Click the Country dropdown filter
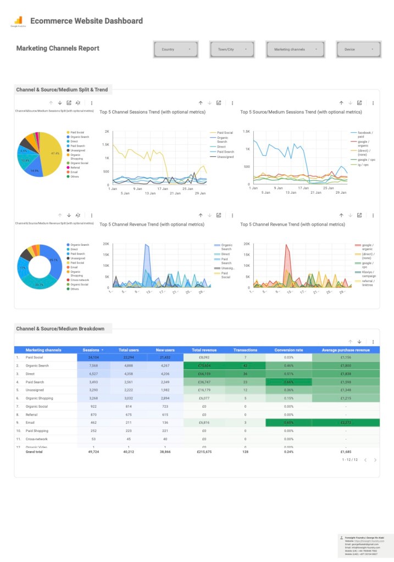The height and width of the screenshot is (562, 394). (x=176, y=49)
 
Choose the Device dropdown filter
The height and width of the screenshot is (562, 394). (x=358, y=49)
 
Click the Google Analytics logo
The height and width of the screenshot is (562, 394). (x=18, y=20)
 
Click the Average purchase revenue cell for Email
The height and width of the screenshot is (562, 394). (x=346, y=423)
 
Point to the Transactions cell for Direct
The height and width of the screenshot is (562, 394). (x=245, y=374)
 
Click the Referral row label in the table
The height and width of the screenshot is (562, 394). (x=32, y=414)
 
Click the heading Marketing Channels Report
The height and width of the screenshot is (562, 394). (x=58, y=48)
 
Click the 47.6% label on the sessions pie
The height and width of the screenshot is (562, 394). (x=55, y=153)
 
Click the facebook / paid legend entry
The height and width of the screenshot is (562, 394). (x=365, y=134)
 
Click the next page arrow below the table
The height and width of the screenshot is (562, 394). (x=375, y=460)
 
